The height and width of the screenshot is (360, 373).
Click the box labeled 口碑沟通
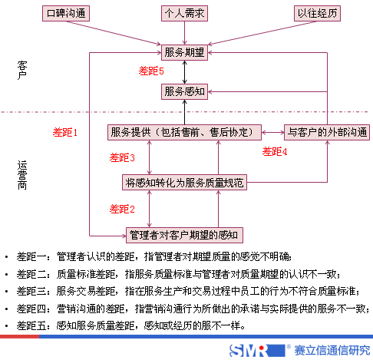tap(67, 14)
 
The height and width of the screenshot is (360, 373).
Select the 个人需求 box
tap(184, 14)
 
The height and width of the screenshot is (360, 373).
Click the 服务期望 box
tap(184, 53)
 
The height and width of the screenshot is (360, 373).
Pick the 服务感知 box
tap(184, 91)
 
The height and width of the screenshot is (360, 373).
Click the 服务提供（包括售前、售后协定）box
tap(182, 131)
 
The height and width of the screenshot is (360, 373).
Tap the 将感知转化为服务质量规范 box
tap(184, 183)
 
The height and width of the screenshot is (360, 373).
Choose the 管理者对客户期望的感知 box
tap(184, 234)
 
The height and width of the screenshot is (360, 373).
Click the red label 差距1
tap(65, 133)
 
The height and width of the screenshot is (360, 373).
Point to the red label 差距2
tap(122, 209)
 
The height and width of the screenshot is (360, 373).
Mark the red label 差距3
tap(122, 158)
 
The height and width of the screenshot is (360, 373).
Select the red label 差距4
tap(275, 151)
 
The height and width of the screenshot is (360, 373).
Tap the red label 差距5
tap(151, 71)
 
